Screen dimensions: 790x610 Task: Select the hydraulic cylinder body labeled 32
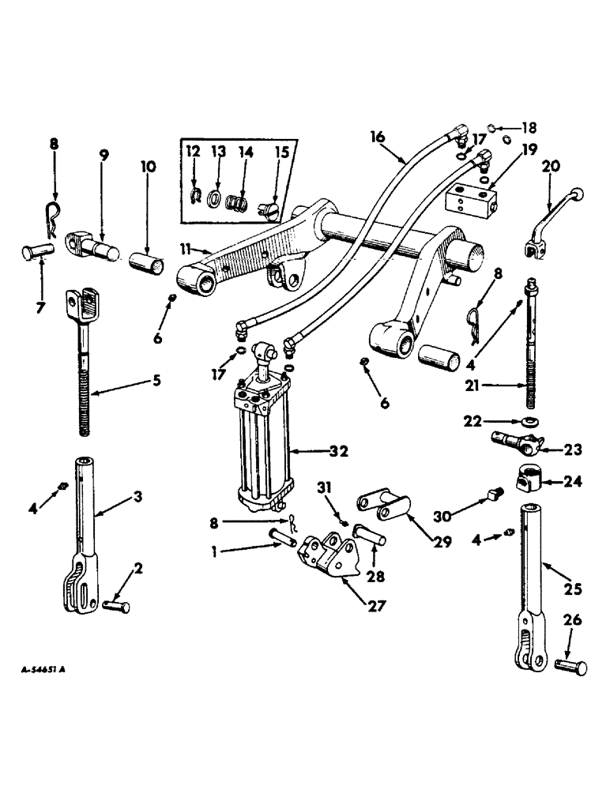click(x=262, y=442)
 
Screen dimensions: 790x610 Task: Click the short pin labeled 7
click(x=36, y=257)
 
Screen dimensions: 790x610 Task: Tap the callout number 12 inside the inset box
click(x=194, y=152)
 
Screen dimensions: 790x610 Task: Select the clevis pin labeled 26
click(x=571, y=666)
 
